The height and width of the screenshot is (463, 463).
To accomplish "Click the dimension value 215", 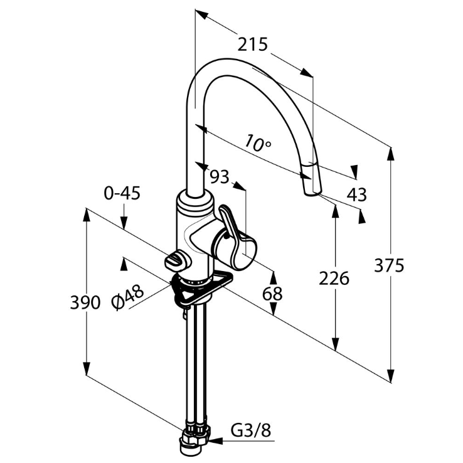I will pos(253,45).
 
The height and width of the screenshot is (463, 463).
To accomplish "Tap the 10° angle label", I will pos(258,143).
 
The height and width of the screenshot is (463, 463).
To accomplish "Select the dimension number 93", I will pos(219,177).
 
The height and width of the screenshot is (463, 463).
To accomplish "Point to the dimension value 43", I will pos(356,194).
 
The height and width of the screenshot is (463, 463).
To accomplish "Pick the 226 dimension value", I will pos(333,277).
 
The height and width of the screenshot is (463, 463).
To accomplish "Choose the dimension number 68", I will pos(272,292).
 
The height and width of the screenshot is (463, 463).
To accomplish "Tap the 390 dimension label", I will pos(85,302).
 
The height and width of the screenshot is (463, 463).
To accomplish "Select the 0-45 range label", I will pos(122,193).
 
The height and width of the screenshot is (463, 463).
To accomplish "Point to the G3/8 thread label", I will pos(250,430).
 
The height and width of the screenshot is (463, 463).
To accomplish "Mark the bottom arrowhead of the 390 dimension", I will pos(86,369).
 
